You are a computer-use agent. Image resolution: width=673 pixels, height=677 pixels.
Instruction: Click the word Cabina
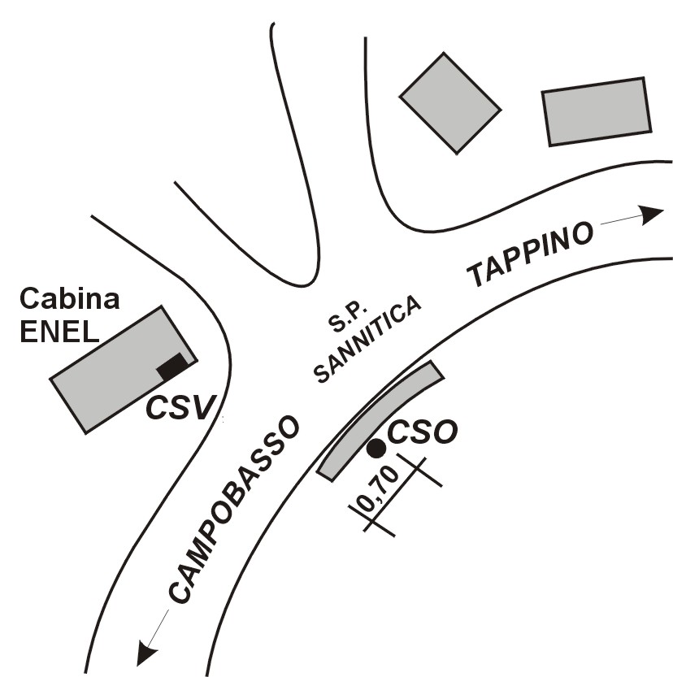70,299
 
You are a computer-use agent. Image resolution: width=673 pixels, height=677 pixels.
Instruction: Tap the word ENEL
59,332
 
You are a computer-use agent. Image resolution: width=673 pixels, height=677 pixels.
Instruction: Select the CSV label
180,408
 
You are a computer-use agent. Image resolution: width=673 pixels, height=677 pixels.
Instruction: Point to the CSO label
422,432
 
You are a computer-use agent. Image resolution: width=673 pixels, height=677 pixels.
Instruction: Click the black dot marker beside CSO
376,449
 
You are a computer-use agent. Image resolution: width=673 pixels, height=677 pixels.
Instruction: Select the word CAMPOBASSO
233,509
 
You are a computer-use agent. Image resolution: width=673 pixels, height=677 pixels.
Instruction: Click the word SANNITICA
367,340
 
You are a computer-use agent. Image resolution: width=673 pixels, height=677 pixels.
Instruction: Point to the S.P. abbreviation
348,318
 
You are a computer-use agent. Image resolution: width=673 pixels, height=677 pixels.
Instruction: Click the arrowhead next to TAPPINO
651,215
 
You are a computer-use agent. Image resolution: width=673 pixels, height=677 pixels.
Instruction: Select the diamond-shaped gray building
450,103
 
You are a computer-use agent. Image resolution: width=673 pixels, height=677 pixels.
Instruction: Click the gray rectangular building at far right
597,112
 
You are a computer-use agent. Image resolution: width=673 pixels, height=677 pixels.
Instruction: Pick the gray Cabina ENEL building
124,370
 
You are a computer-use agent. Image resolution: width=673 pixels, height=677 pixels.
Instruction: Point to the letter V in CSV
202,408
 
